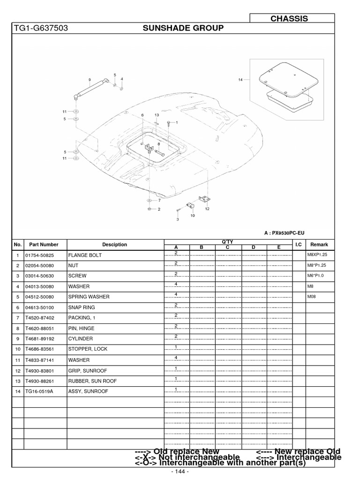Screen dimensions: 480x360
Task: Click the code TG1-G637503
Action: click(x=35, y=29)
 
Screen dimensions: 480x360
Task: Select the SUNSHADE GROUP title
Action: click(x=183, y=29)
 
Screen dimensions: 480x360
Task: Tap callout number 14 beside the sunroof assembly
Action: click(x=241, y=80)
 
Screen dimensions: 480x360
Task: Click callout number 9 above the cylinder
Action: click(x=89, y=79)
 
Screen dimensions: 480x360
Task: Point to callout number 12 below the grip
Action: click(x=207, y=209)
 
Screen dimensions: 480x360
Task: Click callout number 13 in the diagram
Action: click(x=157, y=115)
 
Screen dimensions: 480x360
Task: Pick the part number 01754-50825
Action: click(x=40, y=255)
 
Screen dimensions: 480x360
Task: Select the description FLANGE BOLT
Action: click(x=85, y=255)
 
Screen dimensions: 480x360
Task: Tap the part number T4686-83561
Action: click(x=40, y=349)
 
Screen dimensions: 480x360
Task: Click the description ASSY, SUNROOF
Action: click(x=88, y=391)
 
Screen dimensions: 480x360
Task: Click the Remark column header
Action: click(x=319, y=245)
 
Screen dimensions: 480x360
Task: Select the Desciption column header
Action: click(x=114, y=245)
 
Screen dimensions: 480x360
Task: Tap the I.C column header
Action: click(x=298, y=245)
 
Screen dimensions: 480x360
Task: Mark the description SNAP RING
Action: click(x=82, y=307)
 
